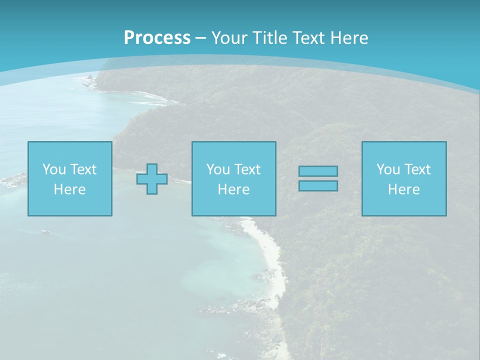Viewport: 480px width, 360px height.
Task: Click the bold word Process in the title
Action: (157, 38)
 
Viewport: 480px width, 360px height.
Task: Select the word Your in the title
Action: (229, 38)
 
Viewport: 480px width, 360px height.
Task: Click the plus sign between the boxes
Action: (152, 179)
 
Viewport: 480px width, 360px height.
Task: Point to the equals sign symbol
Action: (318, 178)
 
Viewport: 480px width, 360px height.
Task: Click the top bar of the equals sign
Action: (318, 171)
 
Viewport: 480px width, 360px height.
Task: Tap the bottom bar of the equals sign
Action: (318, 186)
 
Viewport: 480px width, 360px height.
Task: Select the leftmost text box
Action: (70, 178)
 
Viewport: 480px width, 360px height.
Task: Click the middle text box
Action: (233, 178)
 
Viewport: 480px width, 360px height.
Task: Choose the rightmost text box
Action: (404, 178)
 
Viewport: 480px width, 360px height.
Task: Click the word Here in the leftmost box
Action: (70, 189)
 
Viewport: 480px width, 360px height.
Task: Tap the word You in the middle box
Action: (218, 169)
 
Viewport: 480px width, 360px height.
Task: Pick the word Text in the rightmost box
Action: (418, 169)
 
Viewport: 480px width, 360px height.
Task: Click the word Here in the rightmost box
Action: (404, 189)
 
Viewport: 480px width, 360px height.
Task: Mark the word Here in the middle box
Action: (233, 189)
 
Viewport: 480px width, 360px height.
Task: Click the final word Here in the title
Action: (349, 38)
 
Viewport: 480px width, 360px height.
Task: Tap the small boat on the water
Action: (45, 231)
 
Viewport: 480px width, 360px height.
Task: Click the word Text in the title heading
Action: (308, 38)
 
